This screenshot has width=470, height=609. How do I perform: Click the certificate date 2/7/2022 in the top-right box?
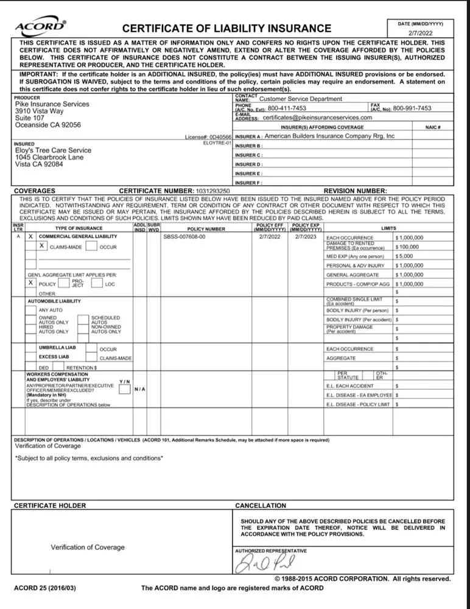pos(421,35)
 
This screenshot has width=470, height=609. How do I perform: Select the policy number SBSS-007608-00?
pos(184,236)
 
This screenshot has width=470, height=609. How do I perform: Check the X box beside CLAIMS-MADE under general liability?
pos(42,246)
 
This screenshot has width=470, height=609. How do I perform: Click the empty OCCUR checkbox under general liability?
pos(91,247)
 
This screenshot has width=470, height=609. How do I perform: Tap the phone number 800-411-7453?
pos(287,108)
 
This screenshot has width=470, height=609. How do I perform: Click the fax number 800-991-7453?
pos(412,108)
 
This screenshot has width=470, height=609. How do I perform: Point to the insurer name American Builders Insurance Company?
pos(329,136)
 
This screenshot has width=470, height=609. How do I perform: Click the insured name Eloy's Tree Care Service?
pos(53,150)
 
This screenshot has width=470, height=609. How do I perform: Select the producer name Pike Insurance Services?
pos(52,104)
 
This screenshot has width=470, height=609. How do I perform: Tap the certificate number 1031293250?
pos(209,191)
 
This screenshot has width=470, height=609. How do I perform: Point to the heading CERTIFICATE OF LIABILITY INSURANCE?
pos(227,28)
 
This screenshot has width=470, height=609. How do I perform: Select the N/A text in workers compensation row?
pos(140,389)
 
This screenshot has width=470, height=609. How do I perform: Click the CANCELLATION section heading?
pos(260,505)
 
